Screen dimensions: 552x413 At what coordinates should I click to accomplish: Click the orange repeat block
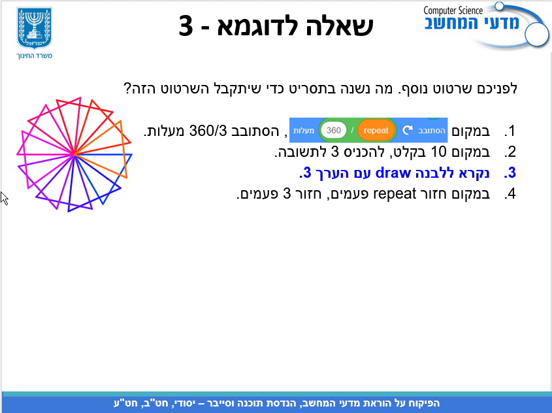(x=376, y=130)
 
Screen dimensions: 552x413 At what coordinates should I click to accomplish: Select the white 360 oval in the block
(x=333, y=130)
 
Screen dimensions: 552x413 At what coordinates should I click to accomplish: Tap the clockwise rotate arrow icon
(x=408, y=130)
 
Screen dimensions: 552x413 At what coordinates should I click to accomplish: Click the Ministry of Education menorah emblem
(x=34, y=28)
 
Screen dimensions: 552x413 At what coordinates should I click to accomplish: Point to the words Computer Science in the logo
(x=453, y=11)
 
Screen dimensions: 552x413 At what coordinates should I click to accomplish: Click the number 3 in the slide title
(x=186, y=25)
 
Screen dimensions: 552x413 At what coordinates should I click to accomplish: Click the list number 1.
(x=510, y=131)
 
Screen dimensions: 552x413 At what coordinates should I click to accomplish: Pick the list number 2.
(x=510, y=152)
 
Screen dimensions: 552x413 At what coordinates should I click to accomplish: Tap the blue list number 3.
(x=510, y=173)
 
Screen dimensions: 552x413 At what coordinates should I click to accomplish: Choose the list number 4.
(x=510, y=194)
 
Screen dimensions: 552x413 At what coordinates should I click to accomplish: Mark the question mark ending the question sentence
(x=127, y=88)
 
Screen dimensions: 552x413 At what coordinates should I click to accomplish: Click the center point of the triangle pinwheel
(x=74, y=154)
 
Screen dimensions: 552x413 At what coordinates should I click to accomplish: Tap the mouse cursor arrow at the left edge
(x=4, y=198)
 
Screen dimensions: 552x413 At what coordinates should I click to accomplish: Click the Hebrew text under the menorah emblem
(x=34, y=56)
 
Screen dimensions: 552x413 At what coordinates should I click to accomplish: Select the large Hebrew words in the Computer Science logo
(x=472, y=24)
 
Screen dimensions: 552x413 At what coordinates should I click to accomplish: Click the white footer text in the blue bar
(x=277, y=403)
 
